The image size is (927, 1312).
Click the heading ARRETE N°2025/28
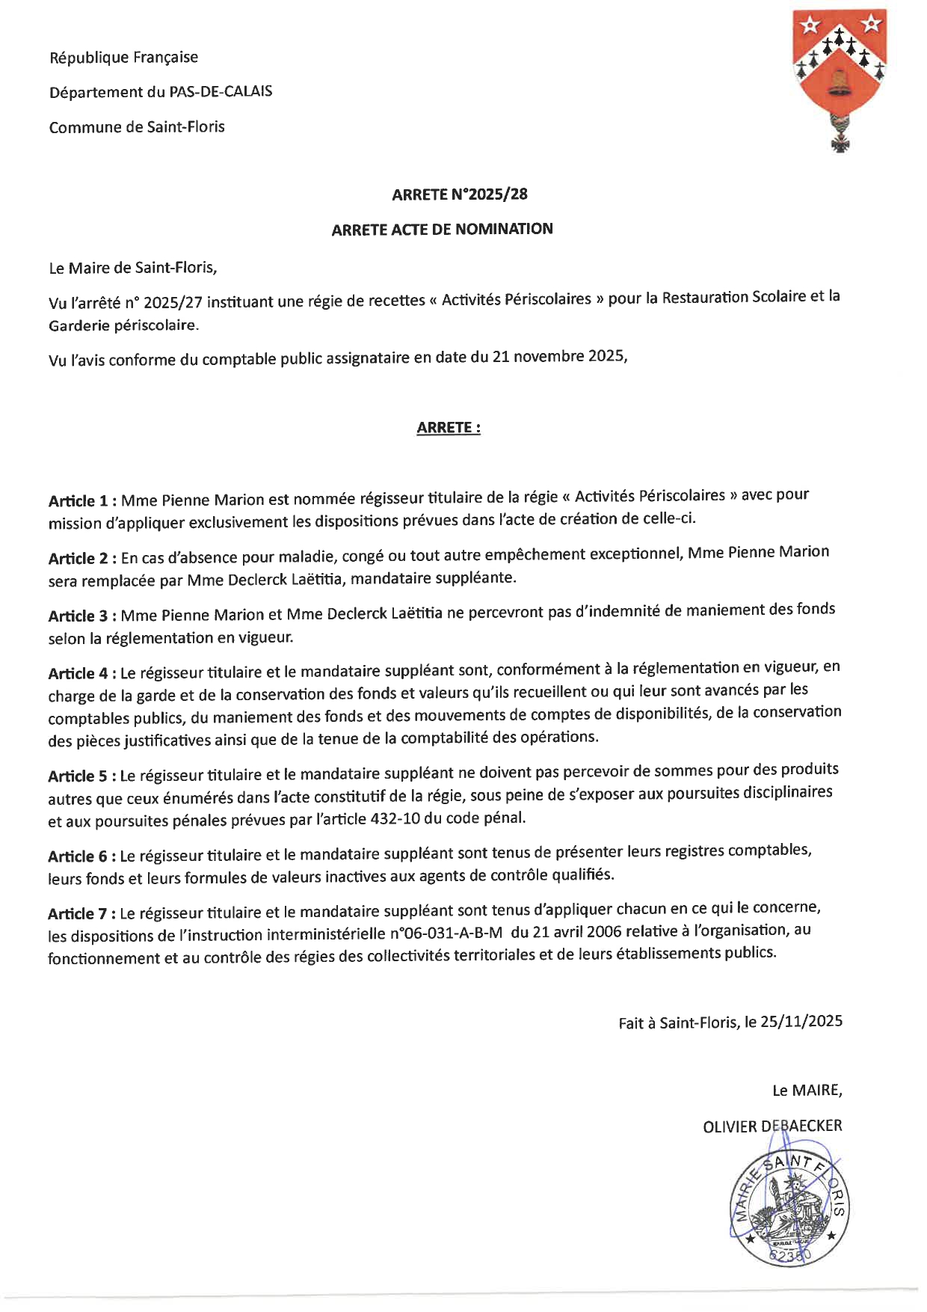[x=460, y=194]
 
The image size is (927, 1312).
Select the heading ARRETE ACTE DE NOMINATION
[x=443, y=229]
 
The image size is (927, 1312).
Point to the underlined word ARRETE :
[x=449, y=428]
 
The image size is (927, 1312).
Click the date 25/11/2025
[x=801, y=1022]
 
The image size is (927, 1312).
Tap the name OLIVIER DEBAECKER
[x=772, y=1126]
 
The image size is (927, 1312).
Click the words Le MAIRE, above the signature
[x=807, y=1091]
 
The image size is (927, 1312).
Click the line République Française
[x=124, y=58]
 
